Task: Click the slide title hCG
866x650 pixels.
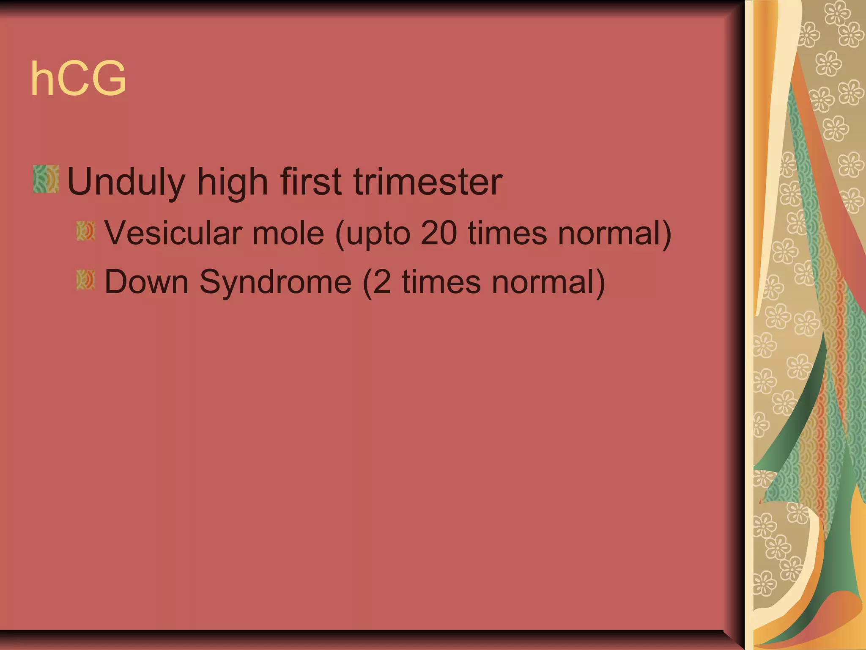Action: click(79, 79)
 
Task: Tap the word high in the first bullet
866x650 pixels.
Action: click(232, 182)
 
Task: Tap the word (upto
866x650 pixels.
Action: click(372, 234)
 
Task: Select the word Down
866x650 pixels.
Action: click(146, 282)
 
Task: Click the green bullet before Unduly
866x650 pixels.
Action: click(46, 179)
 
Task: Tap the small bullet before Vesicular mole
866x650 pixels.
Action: click(85, 231)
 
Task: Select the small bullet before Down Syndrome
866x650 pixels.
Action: click(85, 280)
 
